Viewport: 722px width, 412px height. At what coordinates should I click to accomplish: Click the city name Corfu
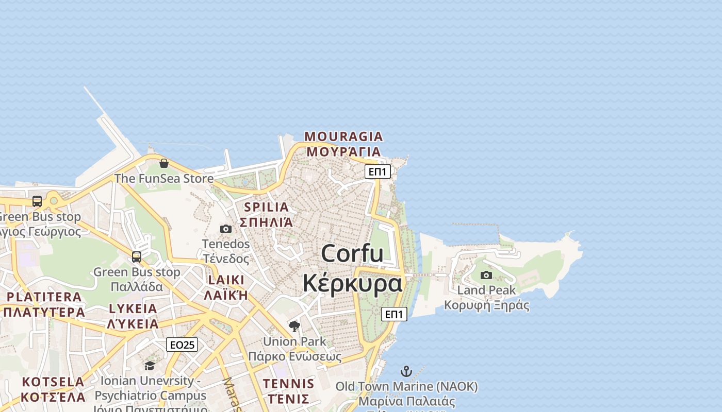coord(352,254)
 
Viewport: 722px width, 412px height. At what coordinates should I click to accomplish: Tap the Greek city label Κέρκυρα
coord(352,283)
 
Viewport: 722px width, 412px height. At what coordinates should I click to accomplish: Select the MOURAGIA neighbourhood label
coord(343,137)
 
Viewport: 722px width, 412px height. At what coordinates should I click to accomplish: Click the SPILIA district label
coord(267,208)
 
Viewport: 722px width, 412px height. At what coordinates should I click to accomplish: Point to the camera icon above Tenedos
coord(226,229)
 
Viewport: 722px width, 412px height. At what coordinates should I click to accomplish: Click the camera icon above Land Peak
coord(486,275)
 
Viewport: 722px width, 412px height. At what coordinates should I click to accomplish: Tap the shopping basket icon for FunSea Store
coord(164,164)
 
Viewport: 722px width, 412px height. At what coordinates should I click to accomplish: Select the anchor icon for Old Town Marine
coord(406,371)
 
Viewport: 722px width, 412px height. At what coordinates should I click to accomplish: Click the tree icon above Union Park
coord(294,326)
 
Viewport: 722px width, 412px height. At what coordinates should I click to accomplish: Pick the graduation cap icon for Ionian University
coord(150,366)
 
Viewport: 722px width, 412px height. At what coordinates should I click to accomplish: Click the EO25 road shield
coord(182,345)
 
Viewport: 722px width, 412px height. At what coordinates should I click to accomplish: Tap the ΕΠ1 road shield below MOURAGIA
coord(378,171)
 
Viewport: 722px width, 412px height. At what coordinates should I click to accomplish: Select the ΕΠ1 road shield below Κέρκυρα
coord(394,314)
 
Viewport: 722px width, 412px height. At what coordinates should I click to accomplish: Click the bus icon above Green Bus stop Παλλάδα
coord(137,256)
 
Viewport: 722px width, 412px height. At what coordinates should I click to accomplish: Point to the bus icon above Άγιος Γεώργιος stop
coord(37,201)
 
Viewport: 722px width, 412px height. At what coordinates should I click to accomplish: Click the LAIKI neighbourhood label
coord(226,280)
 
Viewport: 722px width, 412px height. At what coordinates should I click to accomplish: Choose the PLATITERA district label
coord(44,297)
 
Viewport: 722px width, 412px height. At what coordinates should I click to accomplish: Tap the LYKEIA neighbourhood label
coord(133,309)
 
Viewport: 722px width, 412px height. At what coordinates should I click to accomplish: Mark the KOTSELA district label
coord(53,382)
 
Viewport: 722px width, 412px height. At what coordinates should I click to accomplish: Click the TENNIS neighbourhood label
coord(288,384)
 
